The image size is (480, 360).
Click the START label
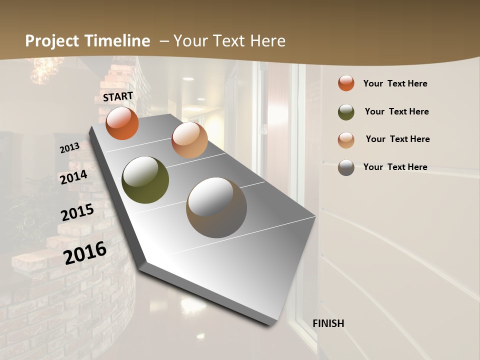coord(118,96)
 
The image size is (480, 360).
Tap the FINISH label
coord(328,323)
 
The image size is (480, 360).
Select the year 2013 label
coord(70,148)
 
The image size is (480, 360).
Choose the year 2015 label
coord(77,212)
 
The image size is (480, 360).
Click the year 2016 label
coord(85,252)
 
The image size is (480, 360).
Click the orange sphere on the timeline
coord(122,123)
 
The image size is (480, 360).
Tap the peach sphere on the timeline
coord(189,140)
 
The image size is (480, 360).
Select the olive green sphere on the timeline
coord(145,180)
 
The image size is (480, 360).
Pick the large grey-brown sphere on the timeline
coord(216,207)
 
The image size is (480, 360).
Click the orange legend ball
coord(346,83)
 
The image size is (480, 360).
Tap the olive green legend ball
coord(346,111)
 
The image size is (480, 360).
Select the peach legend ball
coord(346,139)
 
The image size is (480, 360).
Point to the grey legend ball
coord(346,167)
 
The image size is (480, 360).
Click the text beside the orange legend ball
coord(395,83)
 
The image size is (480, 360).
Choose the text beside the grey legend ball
coord(395,167)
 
